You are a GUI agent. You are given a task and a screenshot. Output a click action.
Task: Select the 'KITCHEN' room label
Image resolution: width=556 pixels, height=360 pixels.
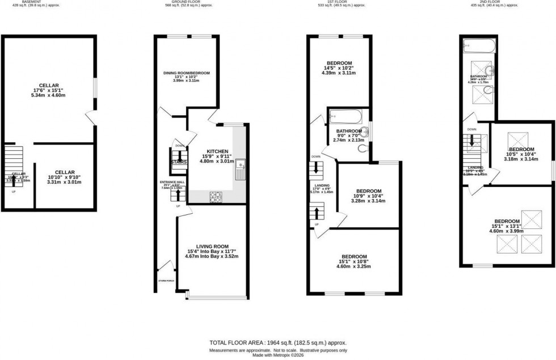click(x=217, y=151)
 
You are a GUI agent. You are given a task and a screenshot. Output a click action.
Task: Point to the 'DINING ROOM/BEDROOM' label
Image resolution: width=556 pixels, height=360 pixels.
click(x=187, y=73)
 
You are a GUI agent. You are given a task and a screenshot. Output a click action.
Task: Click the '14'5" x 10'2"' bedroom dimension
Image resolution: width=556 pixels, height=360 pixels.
click(x=339, y=68)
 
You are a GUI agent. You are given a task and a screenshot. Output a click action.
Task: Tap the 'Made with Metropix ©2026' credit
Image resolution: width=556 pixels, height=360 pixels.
click(x=277, y=355)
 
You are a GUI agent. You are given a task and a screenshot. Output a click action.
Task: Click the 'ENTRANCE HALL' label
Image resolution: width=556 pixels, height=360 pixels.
click(x=169, y=182)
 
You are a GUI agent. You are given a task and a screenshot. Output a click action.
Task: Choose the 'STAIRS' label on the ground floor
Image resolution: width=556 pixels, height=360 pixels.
click(x=179, y=162)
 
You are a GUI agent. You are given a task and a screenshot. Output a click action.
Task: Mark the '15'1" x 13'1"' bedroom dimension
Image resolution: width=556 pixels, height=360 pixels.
click(x=507, y=226)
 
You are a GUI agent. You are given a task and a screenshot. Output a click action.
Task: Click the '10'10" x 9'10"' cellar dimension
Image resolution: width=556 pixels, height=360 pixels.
click(x=65, y=177)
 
